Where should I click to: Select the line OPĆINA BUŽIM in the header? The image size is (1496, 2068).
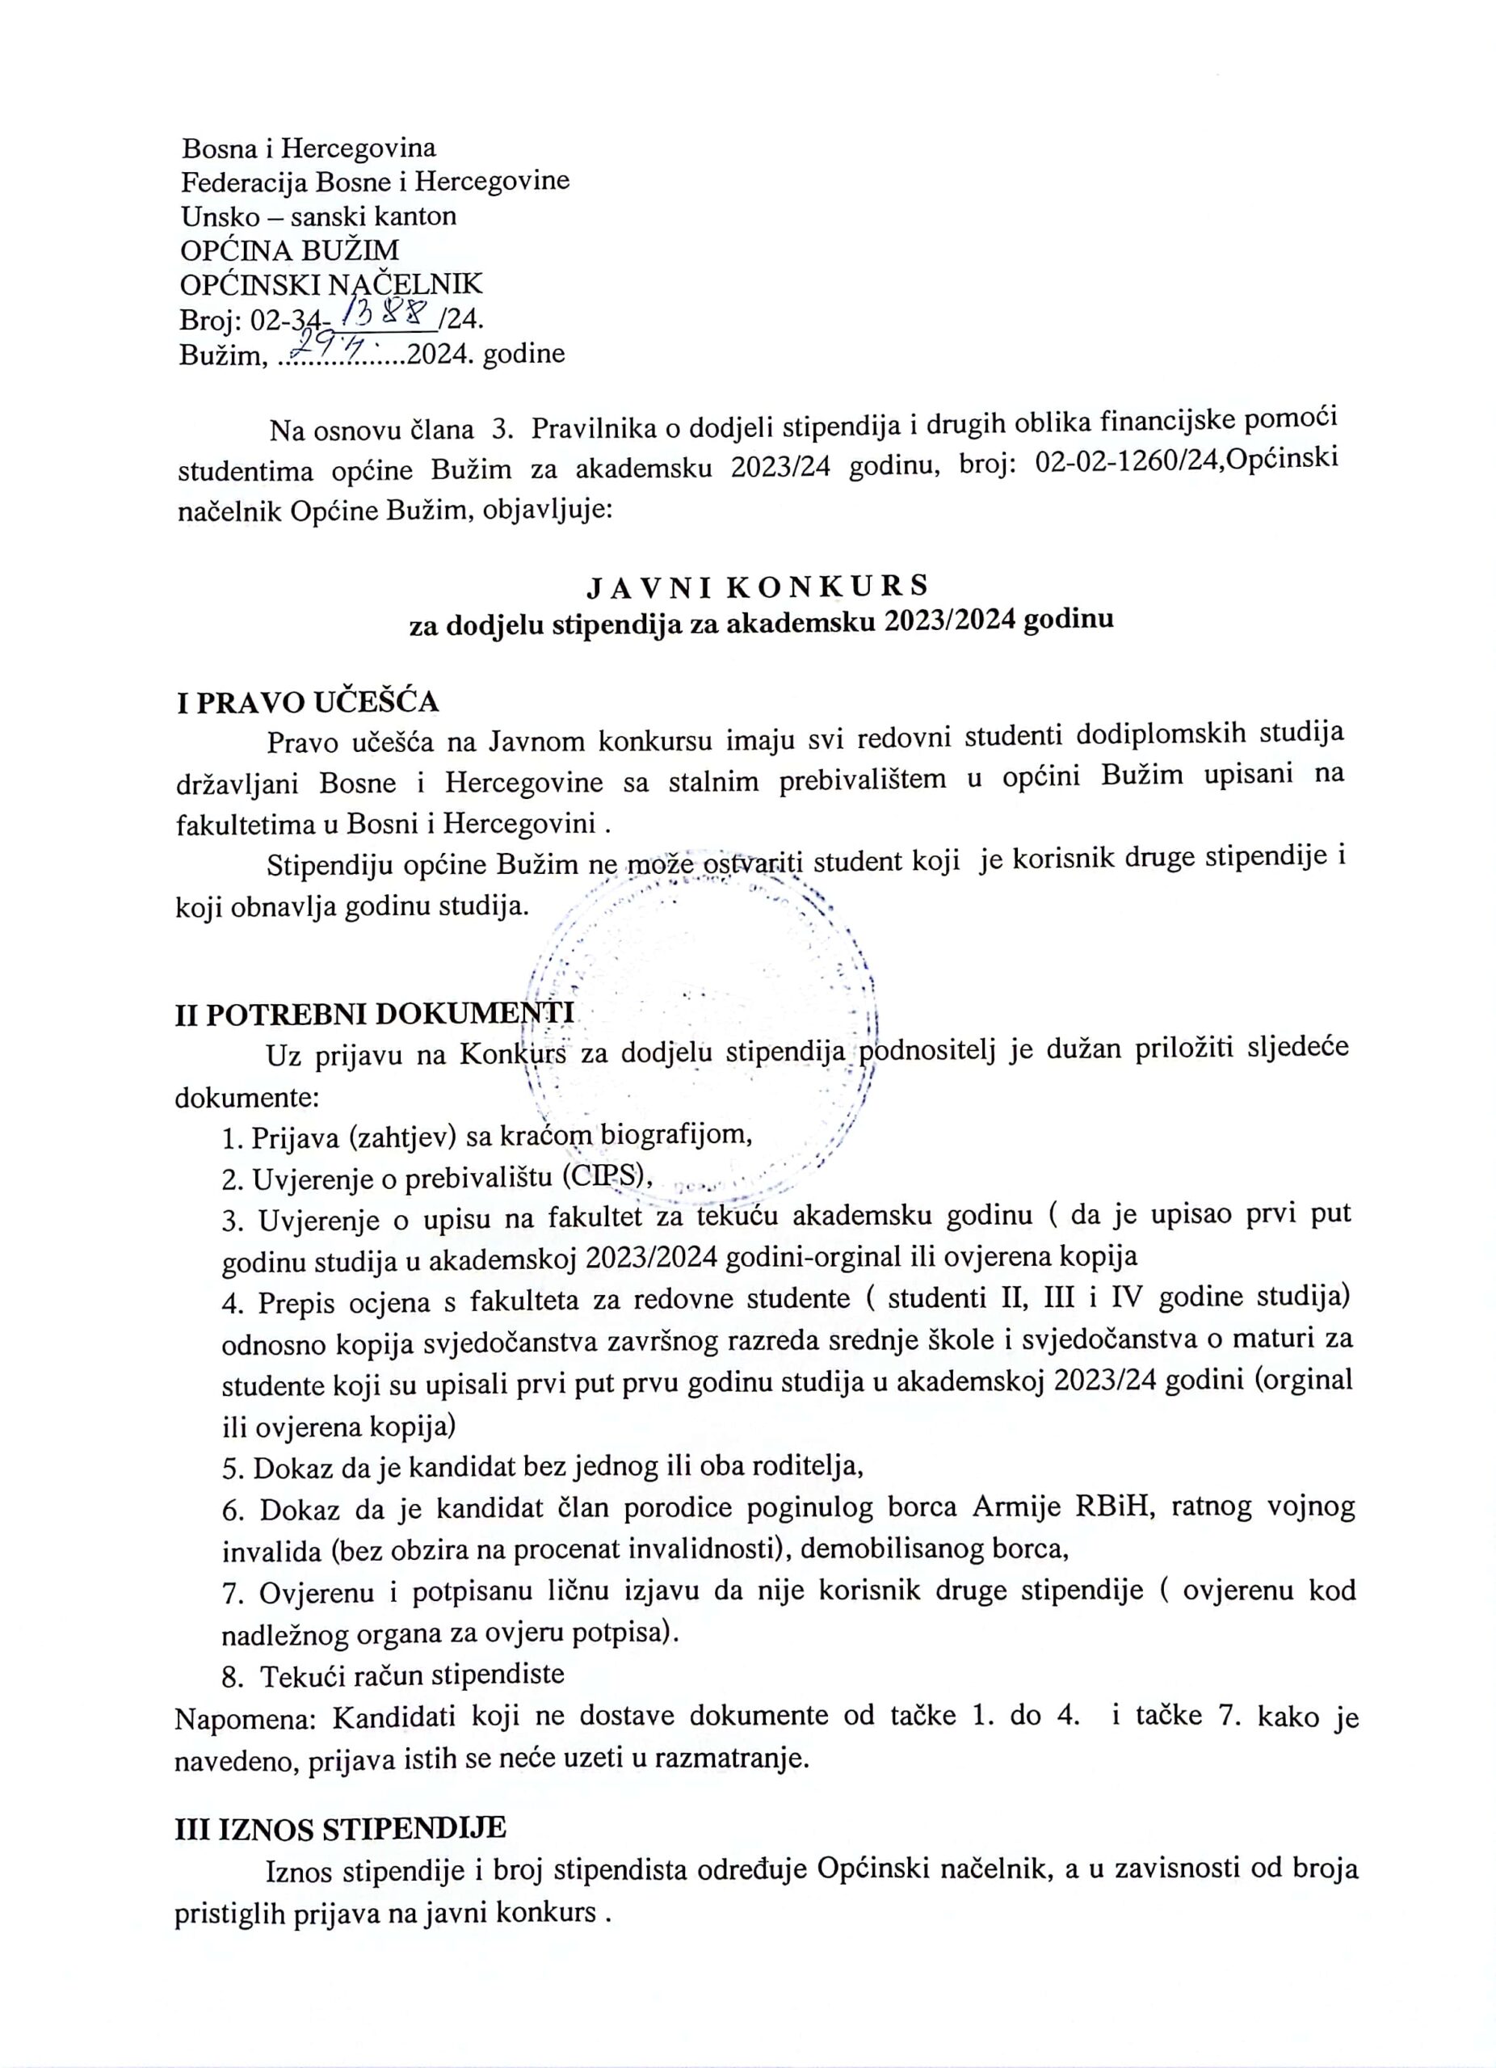coord(289,250)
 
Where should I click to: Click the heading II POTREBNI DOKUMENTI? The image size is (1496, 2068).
coord(374,1014)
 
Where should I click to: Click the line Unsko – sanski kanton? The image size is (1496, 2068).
coord(318,216)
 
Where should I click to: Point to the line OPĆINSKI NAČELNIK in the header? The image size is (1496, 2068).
coord(331,284)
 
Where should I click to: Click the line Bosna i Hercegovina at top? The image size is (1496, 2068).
coord(308,148)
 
